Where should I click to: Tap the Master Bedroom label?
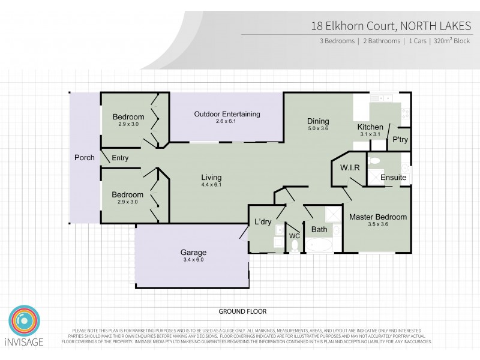pos(378,217)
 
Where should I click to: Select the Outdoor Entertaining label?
pos(227,114)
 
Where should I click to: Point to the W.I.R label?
pos(349,168)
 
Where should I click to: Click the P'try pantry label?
pos(400,140)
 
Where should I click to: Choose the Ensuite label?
pos(394,178)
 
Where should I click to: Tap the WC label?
pos(294,236)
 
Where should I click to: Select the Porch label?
pos(84,158)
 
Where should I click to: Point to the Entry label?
pos(120,158)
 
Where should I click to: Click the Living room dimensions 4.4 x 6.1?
pos(211,185)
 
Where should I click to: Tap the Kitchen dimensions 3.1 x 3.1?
pos(370,135)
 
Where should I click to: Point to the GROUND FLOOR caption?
pos(242,311)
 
